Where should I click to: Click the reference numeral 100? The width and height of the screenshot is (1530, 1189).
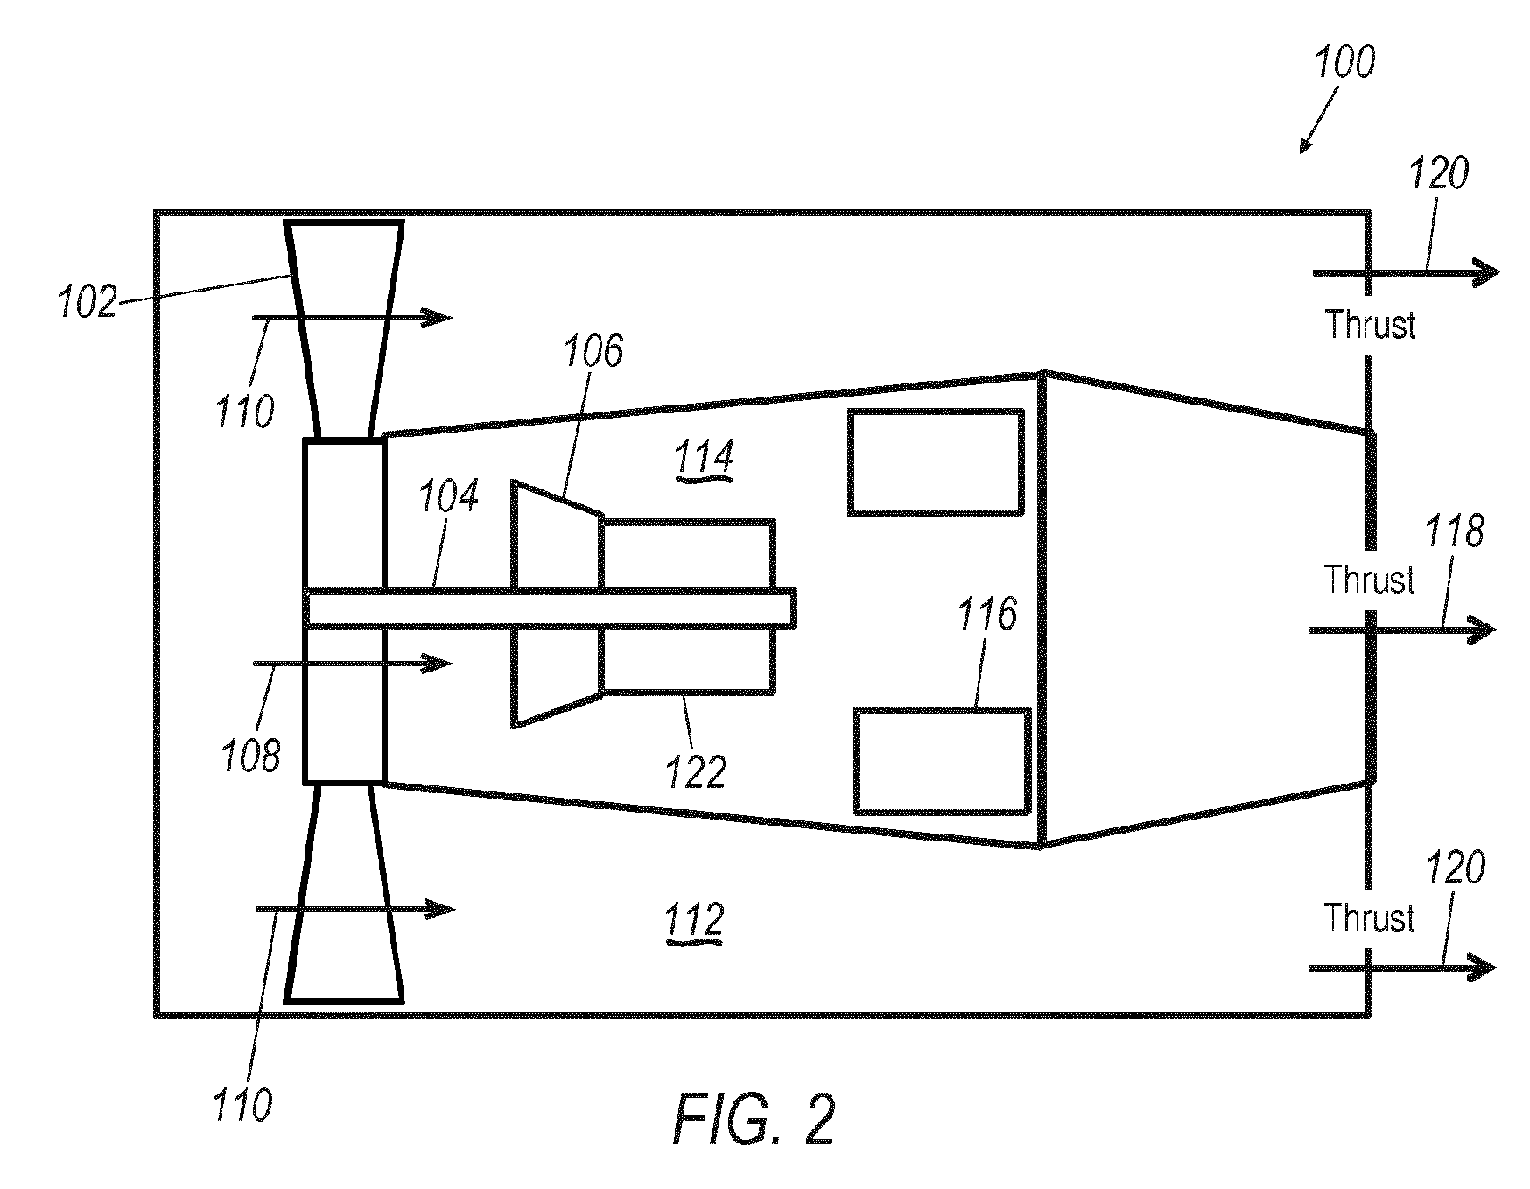click(x=1346, y=61)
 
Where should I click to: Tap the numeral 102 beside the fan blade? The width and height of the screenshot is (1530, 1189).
click(x=88, y=303)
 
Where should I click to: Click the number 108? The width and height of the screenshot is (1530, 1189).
click(x=252, y=755)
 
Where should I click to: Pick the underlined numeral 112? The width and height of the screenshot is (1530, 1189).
click(x=696, y=921)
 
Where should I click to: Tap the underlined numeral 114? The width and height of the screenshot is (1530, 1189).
click(x=704, y=458)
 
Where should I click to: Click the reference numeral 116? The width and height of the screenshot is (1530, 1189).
click(x=987, y=615)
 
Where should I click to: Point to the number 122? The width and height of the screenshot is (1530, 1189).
click(x=696, y=772)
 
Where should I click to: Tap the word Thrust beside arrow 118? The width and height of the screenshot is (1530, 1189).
click(x=1369, y=580)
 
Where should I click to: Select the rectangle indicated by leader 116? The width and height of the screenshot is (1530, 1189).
click(x=942, y=761)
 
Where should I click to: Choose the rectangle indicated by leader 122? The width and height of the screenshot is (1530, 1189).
click(x=687, y=607)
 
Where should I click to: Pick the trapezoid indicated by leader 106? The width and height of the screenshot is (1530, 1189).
click(x=558, y=603)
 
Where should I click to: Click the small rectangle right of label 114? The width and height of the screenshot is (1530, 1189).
click(x=936, y=462)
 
